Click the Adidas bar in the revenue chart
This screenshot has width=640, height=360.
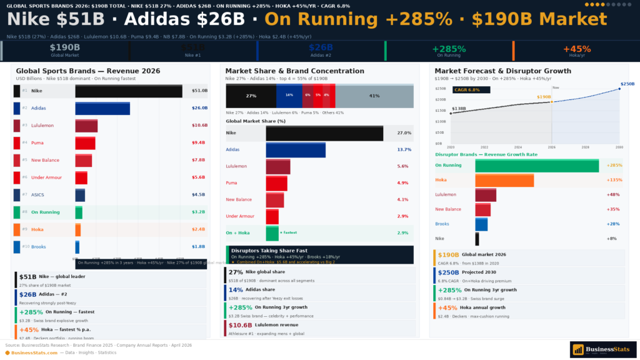pos(102,108)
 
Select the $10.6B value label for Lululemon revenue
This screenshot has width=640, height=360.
pos(199,126)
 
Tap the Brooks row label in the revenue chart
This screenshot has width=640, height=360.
pos(38,247)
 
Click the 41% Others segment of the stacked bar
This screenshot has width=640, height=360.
pos(374,96)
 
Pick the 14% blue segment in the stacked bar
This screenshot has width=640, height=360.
pos(289,96)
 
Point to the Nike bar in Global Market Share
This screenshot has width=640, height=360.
pos(324,133)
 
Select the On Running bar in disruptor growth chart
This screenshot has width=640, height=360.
pos(537,166)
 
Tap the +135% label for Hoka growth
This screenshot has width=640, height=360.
pos(614,180)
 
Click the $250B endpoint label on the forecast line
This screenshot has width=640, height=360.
pos(626,84)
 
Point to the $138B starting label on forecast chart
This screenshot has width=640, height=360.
pos(459,109)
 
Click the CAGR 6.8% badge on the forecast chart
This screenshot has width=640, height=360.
pos(467,90)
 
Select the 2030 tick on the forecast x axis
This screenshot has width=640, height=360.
pos(619,147)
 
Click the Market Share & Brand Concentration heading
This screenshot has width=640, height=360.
pos(294,71)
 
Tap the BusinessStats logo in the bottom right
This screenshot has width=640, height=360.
pos(602,349)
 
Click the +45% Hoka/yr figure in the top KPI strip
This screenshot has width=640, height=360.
pos(576,49)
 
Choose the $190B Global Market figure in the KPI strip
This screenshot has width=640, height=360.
pos(65,47)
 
